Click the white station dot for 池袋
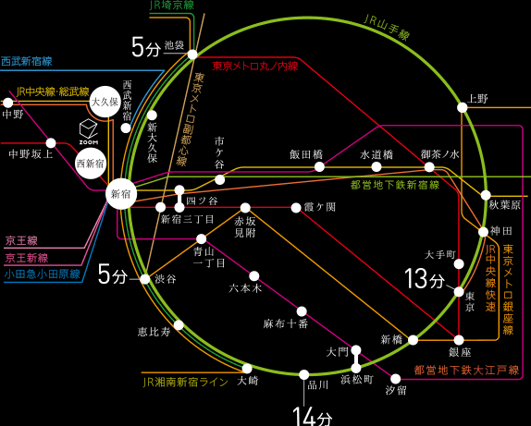[x=192, y=55]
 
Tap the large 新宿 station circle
[x=121, y=195]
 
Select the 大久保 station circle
[x=105, y=102]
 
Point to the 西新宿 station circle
[x=91, y=164]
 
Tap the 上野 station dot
[x=463, y=107]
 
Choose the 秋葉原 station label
[x=504, y=205]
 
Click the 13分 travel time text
[x=425, y=278]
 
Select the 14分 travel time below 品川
[x=312, y=416]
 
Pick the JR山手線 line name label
[x=387, y=27]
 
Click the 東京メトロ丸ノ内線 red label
[x=255, y=66]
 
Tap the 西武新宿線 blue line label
[x=27, y=61]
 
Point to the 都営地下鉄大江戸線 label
[x=466, y=370]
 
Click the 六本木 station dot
[x=254, y=276]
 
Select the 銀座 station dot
[x=459, y=340]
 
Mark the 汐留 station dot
[x=396, y=379]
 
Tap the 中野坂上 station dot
[x=51, y=143]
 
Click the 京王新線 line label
[x=27, y=258]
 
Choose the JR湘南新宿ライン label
[x=186, y=383]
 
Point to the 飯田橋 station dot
[x=319, y=166]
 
